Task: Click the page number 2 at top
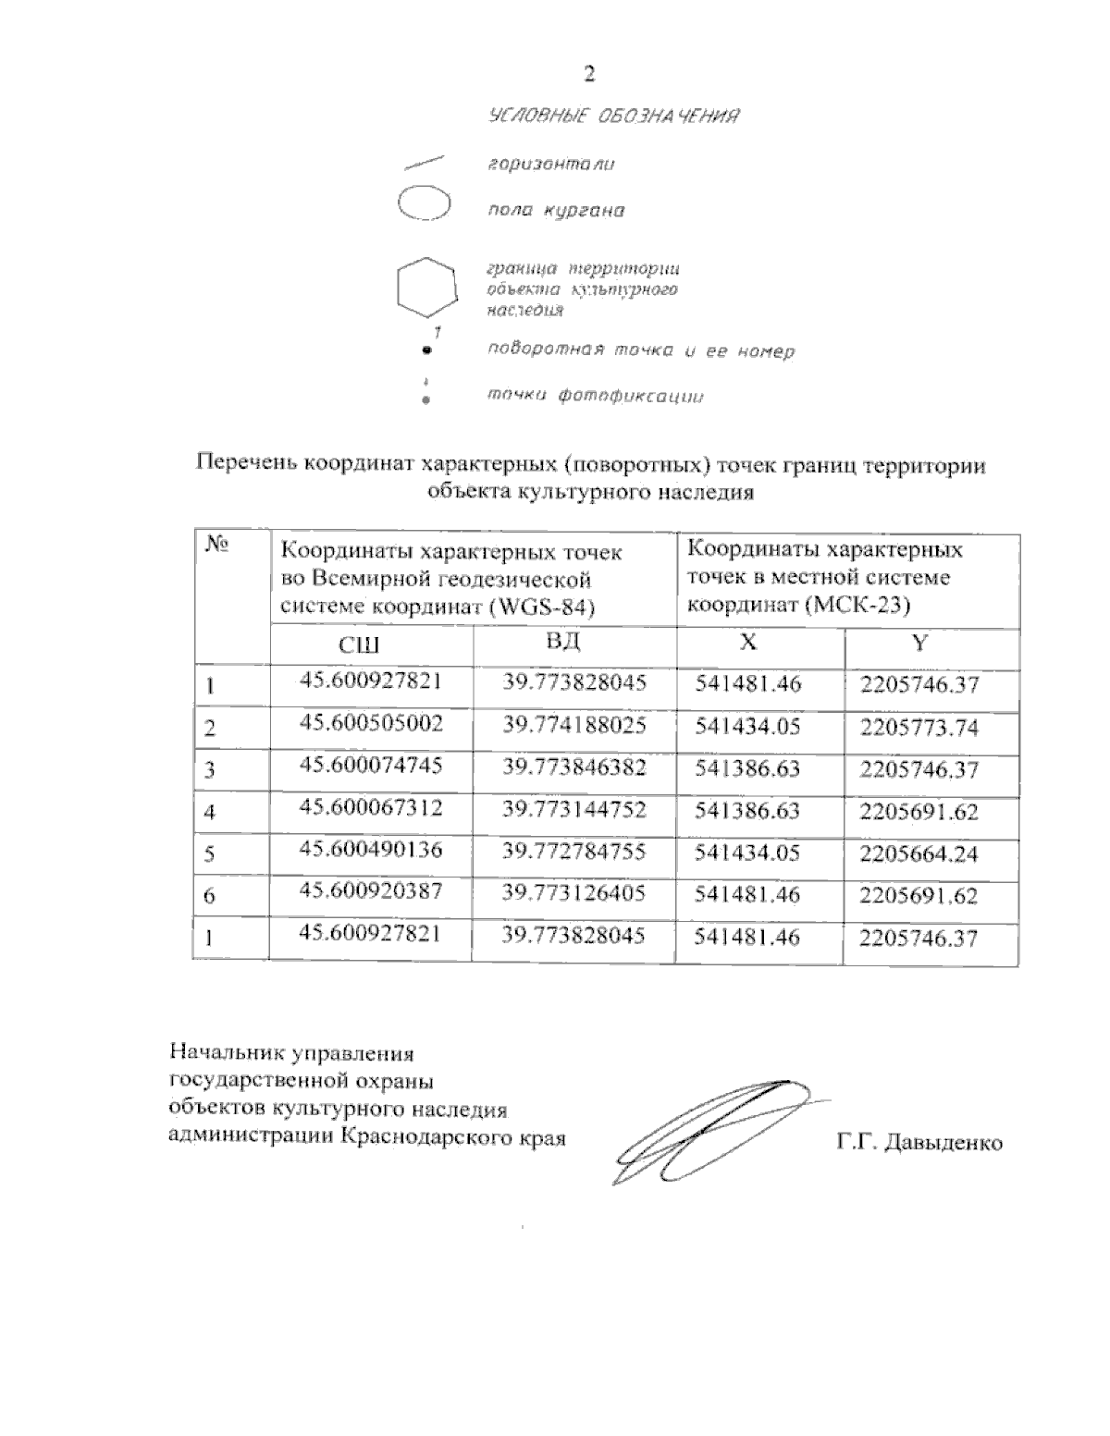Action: click(589, 75)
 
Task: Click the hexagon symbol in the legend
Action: click(426, 288)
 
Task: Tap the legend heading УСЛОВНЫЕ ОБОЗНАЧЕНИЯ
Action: click(614, 117)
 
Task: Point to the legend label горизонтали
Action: click(551, 165)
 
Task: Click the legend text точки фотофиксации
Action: click(595, 397)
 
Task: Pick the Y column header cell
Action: click(919, 644)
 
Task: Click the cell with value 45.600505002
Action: click(371, 724)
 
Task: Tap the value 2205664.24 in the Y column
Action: click(919, 853)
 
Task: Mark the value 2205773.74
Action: click(919, 728)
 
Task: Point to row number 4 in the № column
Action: click(210, 813)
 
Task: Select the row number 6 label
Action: click(210, 896)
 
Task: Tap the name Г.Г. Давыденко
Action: click(919, 1143)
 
